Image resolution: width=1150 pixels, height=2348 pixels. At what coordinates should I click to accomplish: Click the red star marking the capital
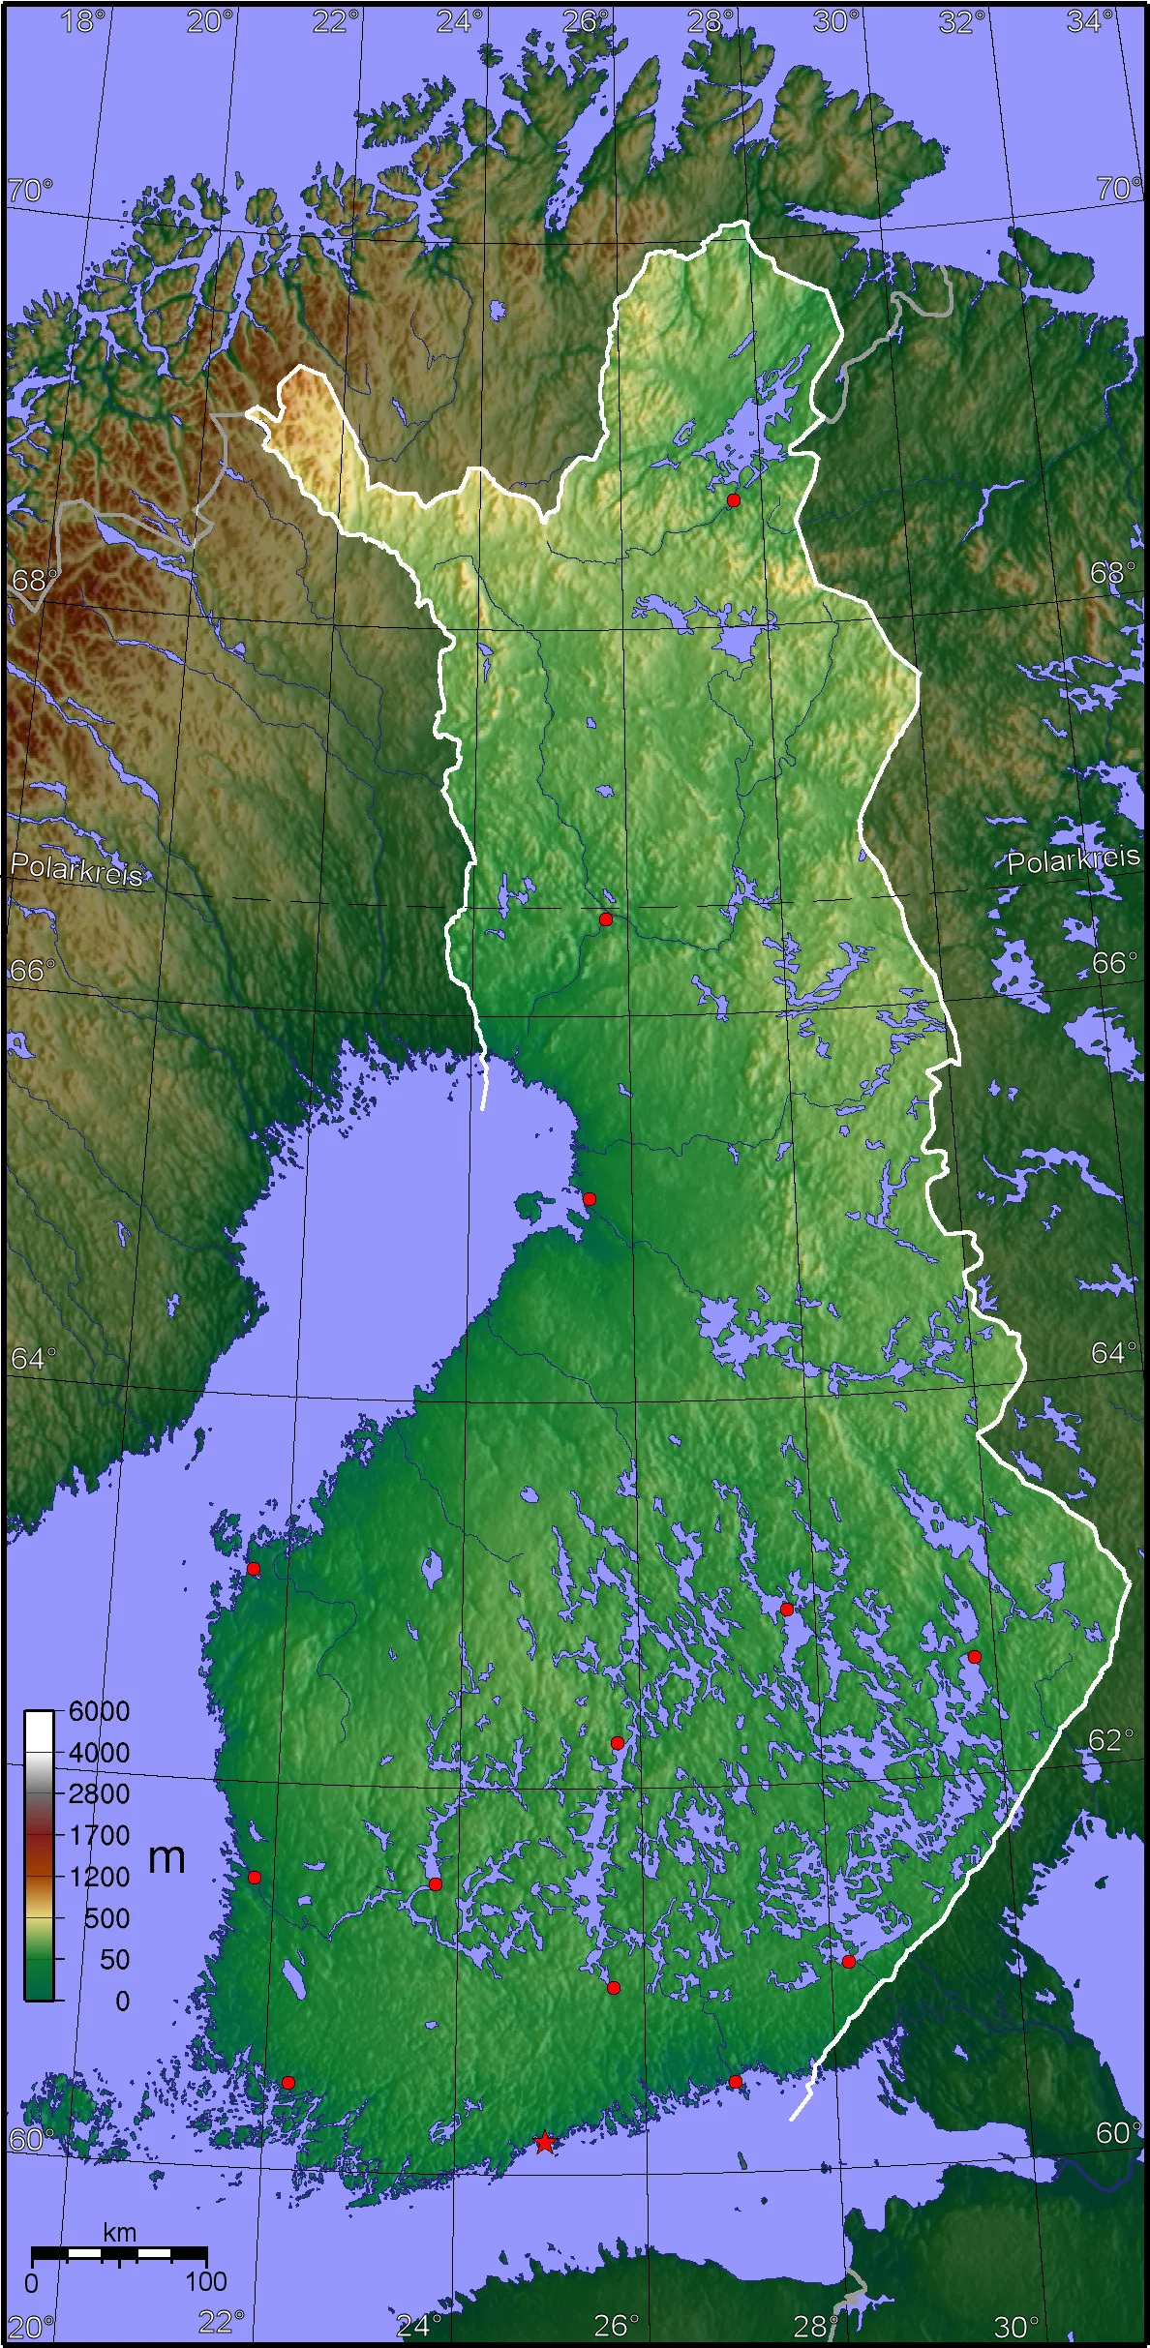pos(545,2142)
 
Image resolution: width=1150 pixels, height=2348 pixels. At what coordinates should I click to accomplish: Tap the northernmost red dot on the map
pos(734,500)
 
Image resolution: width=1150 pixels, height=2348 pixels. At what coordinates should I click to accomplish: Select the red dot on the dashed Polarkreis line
pos(606,918)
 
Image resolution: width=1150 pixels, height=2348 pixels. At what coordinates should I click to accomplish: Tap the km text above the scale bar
pos(120,2233)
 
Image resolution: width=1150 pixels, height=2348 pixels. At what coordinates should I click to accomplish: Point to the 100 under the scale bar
pos(205,2281)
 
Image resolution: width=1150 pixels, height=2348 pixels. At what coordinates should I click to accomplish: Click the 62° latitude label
pos(1109,1739)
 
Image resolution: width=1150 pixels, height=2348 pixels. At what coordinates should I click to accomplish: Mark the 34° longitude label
pos(1089,21)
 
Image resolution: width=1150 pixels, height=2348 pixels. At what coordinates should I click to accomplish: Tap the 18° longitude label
pos(82,21)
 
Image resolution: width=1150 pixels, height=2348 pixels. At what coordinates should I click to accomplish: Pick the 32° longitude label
pos(961,21)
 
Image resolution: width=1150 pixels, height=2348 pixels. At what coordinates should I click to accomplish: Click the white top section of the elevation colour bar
pos(39,1728)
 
